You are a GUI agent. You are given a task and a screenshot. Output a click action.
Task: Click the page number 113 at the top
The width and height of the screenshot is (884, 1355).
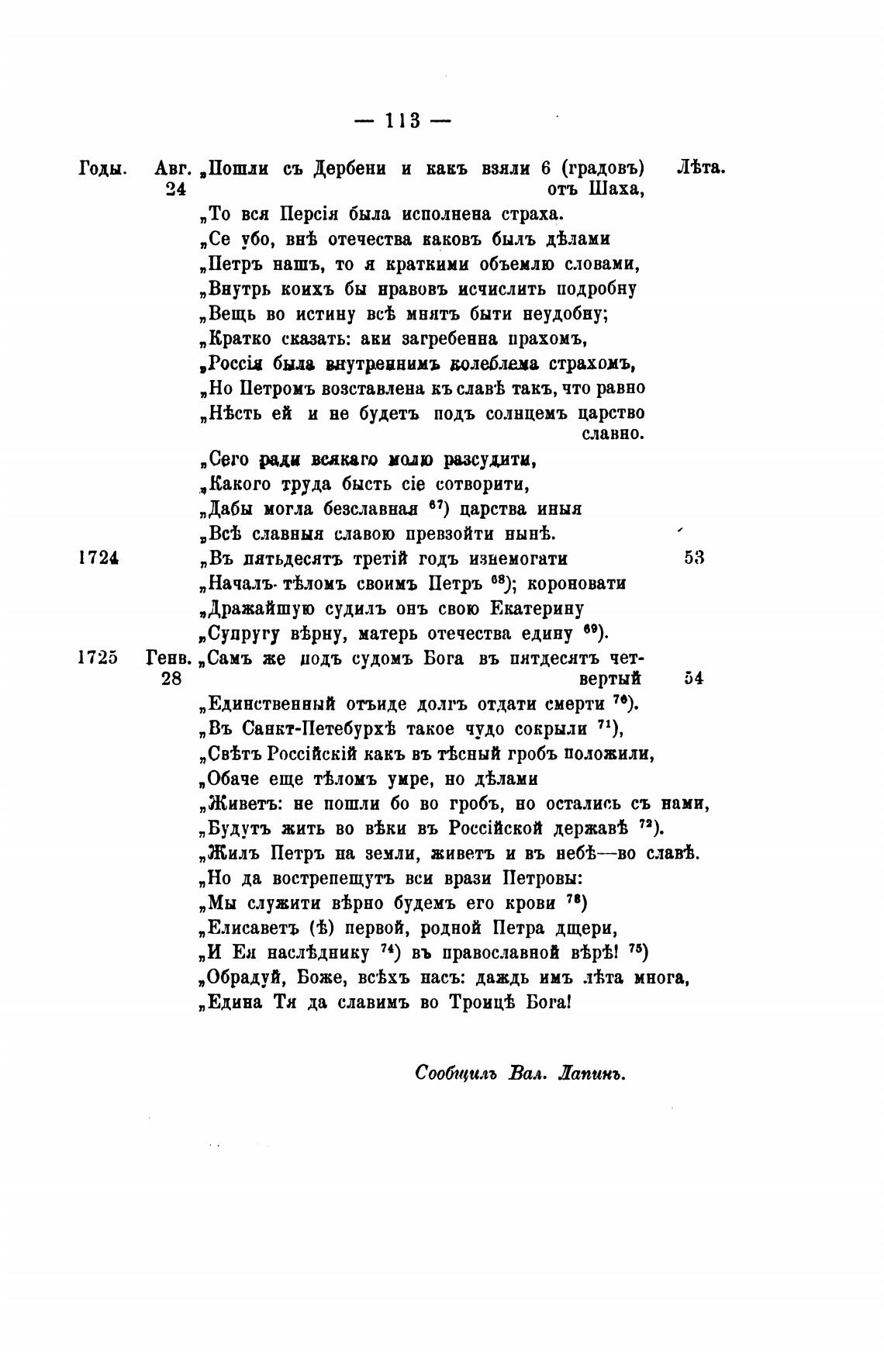pos(402,121)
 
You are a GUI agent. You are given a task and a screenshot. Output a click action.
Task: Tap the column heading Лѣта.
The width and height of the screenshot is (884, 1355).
pos(701,168)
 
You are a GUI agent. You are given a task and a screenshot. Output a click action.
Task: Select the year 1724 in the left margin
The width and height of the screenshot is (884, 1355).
pos(98,558)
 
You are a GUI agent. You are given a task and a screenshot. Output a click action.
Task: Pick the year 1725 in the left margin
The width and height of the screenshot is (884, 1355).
pos(98,658)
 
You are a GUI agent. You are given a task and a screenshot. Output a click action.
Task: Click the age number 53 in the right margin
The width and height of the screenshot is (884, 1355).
pos(694,558)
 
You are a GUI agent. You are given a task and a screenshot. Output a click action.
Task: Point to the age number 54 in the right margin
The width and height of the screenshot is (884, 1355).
pos(694,679)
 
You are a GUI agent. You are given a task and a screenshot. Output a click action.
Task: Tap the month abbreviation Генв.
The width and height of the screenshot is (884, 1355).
pos(168,658)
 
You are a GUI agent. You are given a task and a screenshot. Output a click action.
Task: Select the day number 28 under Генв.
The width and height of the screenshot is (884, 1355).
pos(171,679)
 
